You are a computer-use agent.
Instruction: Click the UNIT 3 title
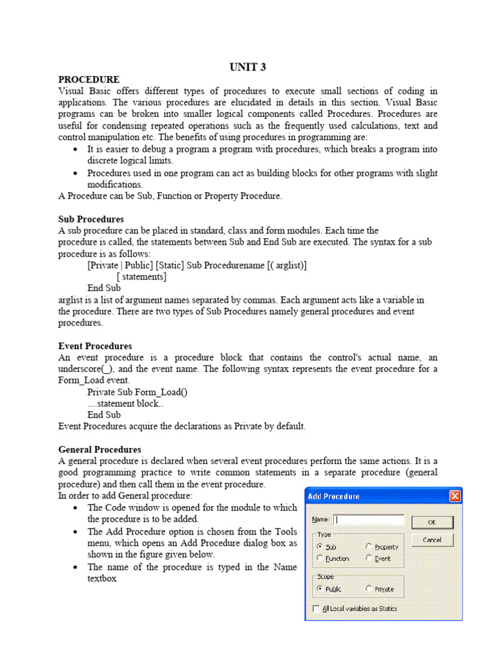248,67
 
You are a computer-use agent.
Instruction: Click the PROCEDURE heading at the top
88,79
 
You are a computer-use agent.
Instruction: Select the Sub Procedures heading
91,219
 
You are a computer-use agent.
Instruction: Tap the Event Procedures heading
95,346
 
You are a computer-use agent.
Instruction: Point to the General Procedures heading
99,449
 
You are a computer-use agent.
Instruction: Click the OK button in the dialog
432,522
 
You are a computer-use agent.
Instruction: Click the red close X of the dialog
455,496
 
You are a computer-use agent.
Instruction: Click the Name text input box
369,519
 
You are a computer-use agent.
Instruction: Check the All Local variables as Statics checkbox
316,608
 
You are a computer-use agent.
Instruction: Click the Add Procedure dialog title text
334,496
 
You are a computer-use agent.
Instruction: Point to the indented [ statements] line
141,277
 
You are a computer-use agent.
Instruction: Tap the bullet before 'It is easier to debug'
76,149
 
